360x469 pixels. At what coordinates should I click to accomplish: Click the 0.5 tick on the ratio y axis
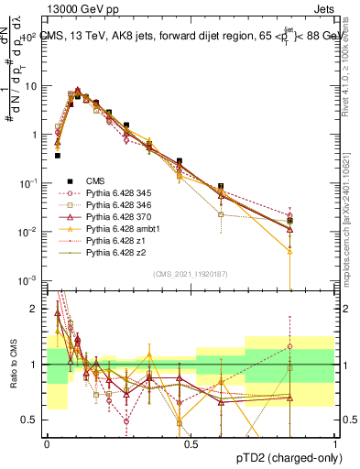(x=35, y=420)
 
